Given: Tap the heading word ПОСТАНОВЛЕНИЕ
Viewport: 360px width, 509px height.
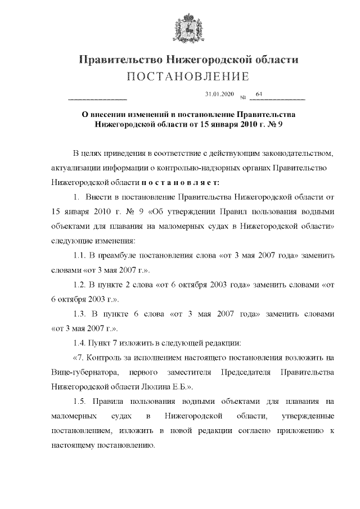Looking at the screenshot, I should pos(187,76).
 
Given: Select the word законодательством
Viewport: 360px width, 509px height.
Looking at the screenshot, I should pos(292,152).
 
